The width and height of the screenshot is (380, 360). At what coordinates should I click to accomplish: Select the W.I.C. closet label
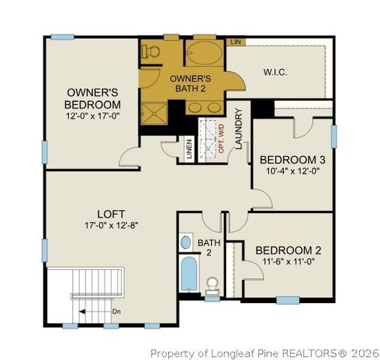(276, 72)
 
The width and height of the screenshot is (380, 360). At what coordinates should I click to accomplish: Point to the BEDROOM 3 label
(292, 160)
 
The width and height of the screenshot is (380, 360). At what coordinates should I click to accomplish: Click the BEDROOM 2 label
(288, 250)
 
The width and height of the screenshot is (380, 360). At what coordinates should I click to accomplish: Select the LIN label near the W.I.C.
(235, 42)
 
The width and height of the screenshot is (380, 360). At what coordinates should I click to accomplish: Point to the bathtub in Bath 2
(188, 273)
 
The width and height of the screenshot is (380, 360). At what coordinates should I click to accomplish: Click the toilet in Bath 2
(213, 284)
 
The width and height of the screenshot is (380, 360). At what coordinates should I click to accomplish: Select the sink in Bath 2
(186, 242)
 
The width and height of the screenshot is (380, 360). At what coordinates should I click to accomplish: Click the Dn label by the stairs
(116, 310)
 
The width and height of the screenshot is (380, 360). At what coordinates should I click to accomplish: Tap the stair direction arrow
(94, 310)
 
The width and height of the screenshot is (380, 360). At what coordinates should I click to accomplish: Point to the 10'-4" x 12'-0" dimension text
(292, 172)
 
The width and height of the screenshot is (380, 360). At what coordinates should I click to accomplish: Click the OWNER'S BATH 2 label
(190, 83)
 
